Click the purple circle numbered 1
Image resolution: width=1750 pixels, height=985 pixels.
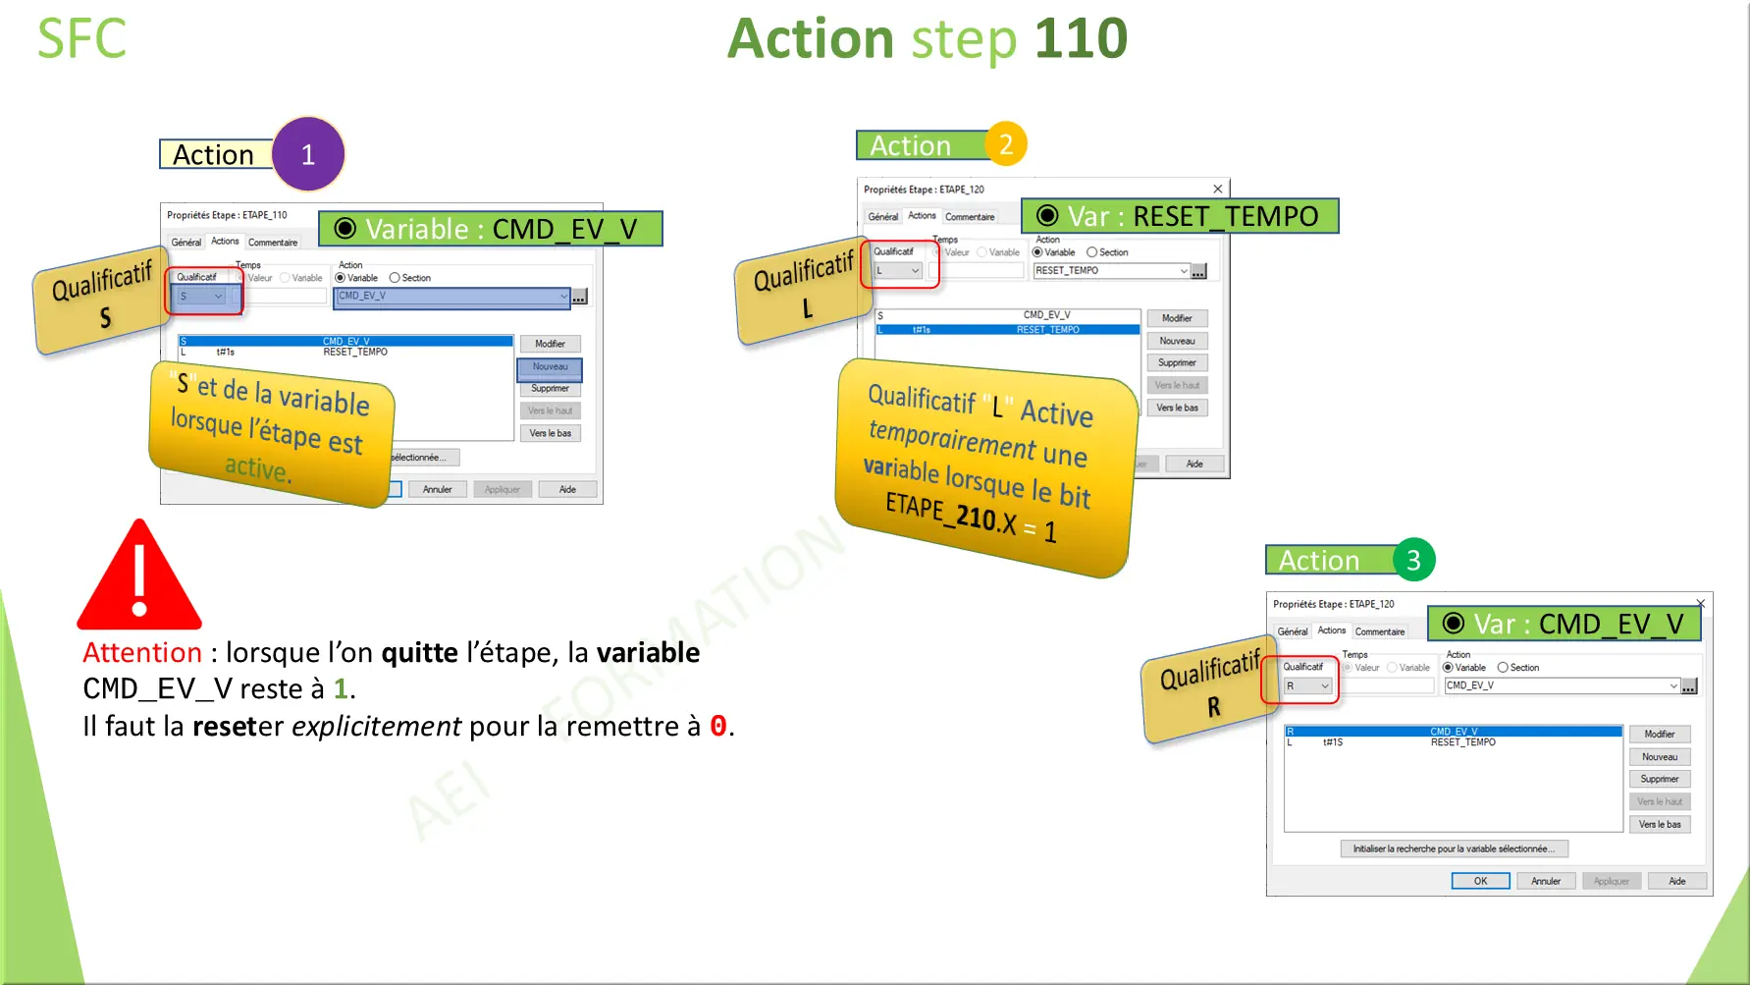click(308, 154)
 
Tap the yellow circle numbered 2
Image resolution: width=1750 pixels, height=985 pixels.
click(1006, 144)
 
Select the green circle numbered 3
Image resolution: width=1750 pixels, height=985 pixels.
click(1413, 560)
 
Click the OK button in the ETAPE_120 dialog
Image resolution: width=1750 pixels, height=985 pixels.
click(1480, 881)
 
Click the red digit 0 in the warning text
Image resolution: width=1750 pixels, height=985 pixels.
click(718, 727)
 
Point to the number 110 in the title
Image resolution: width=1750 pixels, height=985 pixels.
click(1081, 39)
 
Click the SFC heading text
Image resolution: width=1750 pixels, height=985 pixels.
click(81, 39)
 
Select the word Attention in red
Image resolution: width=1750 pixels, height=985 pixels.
click(142, 653)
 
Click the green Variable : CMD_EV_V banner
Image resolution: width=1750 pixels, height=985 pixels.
click(490, 229)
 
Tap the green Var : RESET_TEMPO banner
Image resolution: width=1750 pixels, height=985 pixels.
click(1180, 216)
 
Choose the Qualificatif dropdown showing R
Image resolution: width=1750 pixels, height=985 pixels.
click(1307, 686)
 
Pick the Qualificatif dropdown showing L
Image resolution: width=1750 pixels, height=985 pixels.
click(898, 271)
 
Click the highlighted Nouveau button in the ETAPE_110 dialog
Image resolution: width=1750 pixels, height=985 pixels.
click(550, 367)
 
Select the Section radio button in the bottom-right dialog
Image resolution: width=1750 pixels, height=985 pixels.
click(1503, 668)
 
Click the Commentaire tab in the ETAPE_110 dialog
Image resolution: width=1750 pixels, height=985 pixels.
click(273, 243)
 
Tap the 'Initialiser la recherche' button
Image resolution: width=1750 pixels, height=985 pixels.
click(1454, 848)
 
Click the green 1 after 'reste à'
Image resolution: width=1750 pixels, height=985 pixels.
click(341, 689)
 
